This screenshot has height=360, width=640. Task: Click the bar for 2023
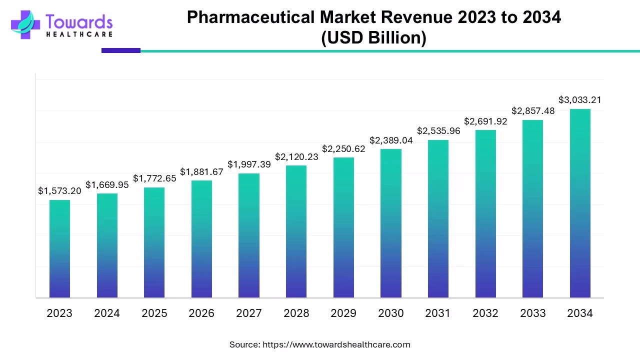59,249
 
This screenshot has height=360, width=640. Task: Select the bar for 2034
580,203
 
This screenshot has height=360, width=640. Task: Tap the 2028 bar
296,231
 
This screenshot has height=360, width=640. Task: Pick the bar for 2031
438,219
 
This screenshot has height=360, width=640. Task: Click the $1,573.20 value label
59,191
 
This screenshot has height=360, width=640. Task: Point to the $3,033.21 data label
580,100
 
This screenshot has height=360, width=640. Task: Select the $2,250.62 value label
343,149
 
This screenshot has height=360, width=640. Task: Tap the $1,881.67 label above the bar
201,172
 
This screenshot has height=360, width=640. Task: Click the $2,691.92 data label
485,121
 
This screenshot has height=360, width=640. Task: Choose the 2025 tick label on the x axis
154,313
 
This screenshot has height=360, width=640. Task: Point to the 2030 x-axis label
390,313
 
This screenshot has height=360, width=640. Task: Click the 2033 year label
532,313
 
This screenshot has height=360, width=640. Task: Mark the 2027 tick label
248,313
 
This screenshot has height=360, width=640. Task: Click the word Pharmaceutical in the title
251,17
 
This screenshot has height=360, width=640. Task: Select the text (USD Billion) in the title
373,38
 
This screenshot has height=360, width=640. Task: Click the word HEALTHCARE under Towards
79,34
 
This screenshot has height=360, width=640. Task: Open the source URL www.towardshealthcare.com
336,344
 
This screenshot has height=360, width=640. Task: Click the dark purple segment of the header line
120,50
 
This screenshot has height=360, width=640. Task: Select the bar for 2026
201,239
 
